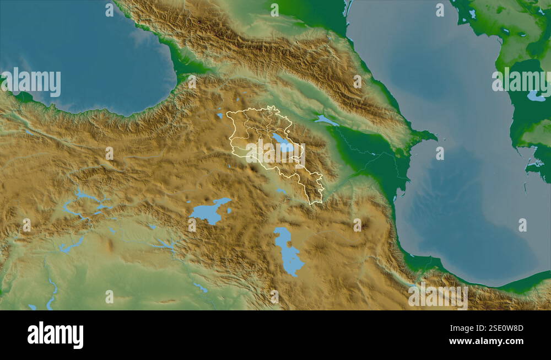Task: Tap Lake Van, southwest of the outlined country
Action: point(208,212)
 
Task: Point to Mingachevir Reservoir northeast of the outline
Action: point(326,120)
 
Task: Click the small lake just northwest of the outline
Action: point(220,116)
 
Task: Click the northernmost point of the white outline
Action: point(271,106)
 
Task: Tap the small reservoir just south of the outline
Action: point(282,191)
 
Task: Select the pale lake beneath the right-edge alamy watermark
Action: point(535,96)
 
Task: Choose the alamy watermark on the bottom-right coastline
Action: point(438,296)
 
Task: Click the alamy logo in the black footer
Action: point(55,335)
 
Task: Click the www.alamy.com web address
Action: point(486,341)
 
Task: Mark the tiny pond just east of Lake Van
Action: point(230,211)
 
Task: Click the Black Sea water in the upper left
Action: point(83,50)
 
